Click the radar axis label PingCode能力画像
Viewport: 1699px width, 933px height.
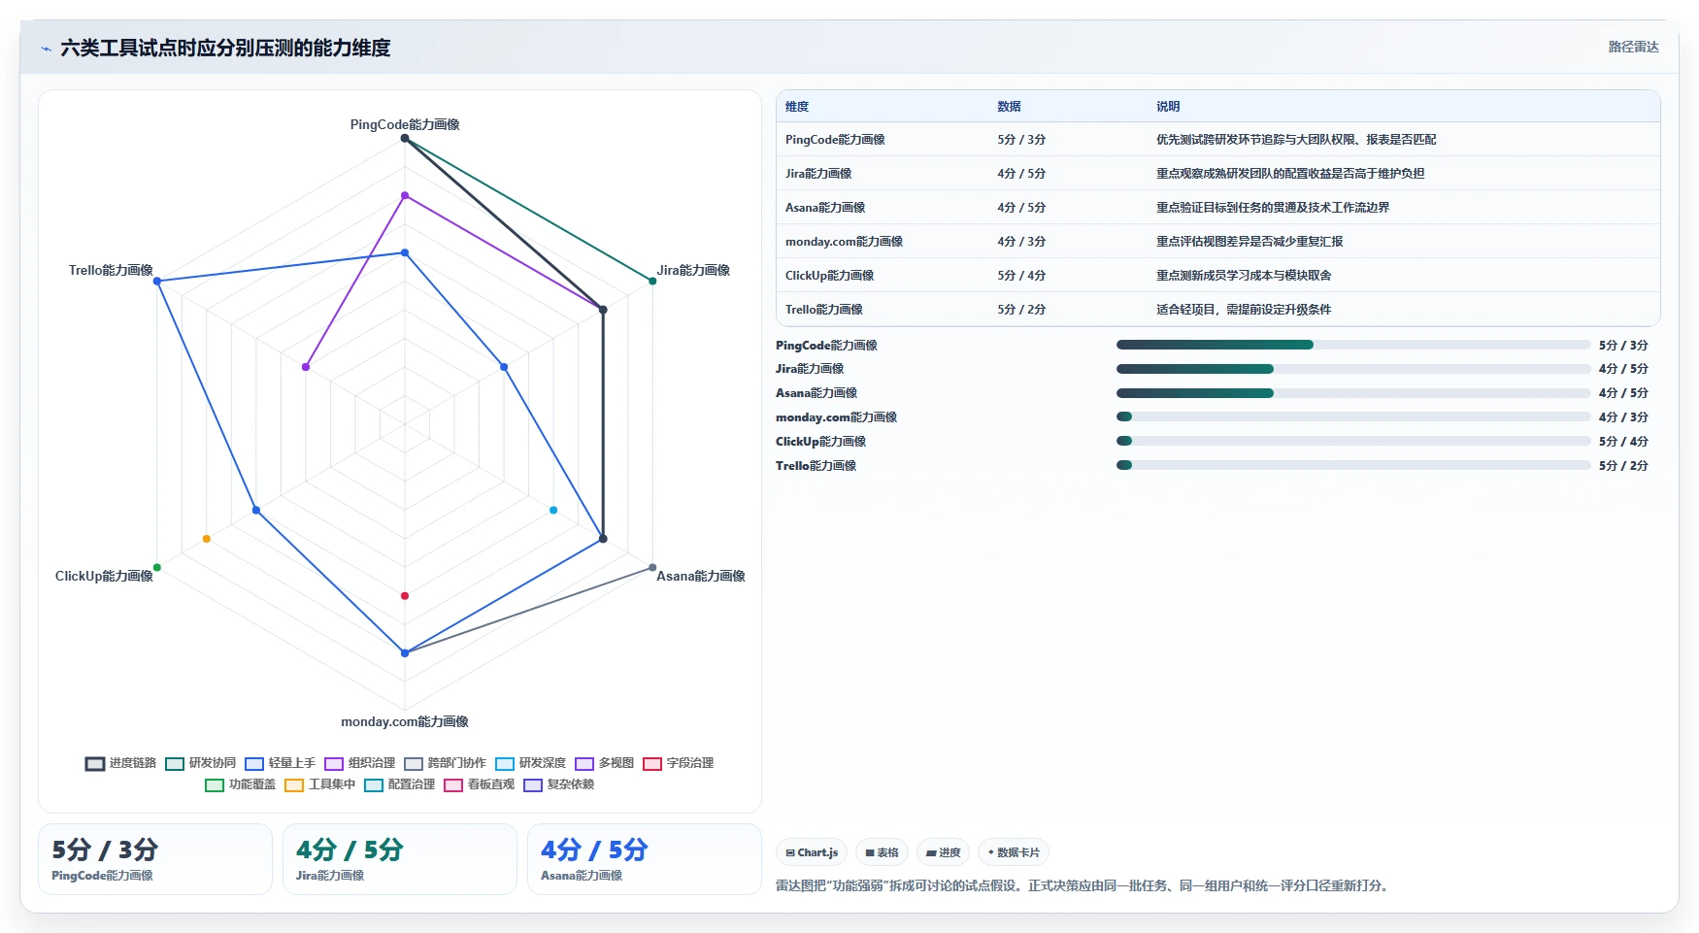click(x=405, y=124)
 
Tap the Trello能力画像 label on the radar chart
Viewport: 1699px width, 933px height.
click(x=111, y=270)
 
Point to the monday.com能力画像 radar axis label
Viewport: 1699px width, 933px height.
click(x=405, y=721)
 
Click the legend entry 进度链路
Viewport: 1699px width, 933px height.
click(x=121, y=763)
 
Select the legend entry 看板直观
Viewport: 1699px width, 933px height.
click(x=480, y=784)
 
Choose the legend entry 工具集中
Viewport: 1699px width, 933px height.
click(x=320, y=784)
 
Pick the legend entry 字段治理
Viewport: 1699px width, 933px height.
click(x=679, y=763)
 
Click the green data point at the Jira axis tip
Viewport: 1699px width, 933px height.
click(x=652, y=282)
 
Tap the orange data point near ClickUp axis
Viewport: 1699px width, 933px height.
click(x=207, y=539)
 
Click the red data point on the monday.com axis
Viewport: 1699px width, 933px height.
click(x=405, y=595)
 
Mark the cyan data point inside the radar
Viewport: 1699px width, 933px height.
click(x=553, y=510)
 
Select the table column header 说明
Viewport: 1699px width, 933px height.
click(x=1168, y=107)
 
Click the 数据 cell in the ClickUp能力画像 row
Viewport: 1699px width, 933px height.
click(x=1021, y=276)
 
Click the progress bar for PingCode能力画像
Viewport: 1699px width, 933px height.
click(x=1353, y=345)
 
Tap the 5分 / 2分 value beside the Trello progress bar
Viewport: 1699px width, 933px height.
click(x=1623, y=466)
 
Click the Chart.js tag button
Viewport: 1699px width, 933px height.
click(x=812, y=852)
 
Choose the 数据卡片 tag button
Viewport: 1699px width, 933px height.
click(x=1014, y=852)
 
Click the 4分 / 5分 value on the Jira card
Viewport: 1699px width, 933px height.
click(x=350, y=850)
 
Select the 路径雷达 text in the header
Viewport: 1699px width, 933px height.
click(x=1634, y=47)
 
